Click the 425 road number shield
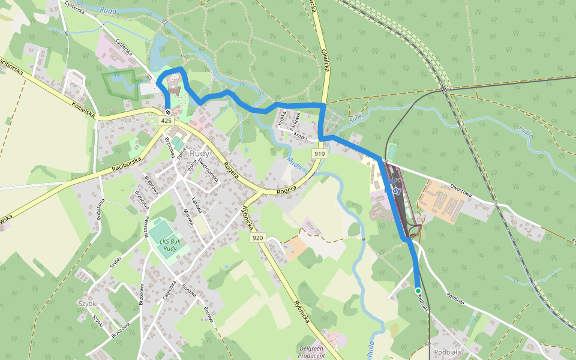point(167,121)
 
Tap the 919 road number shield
point(319,154)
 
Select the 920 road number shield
point(258,238)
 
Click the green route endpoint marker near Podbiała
point(418,290)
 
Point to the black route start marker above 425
point(168,112)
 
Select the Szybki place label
point(88,304)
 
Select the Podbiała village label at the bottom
point(446,352)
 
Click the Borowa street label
point(208,314)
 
